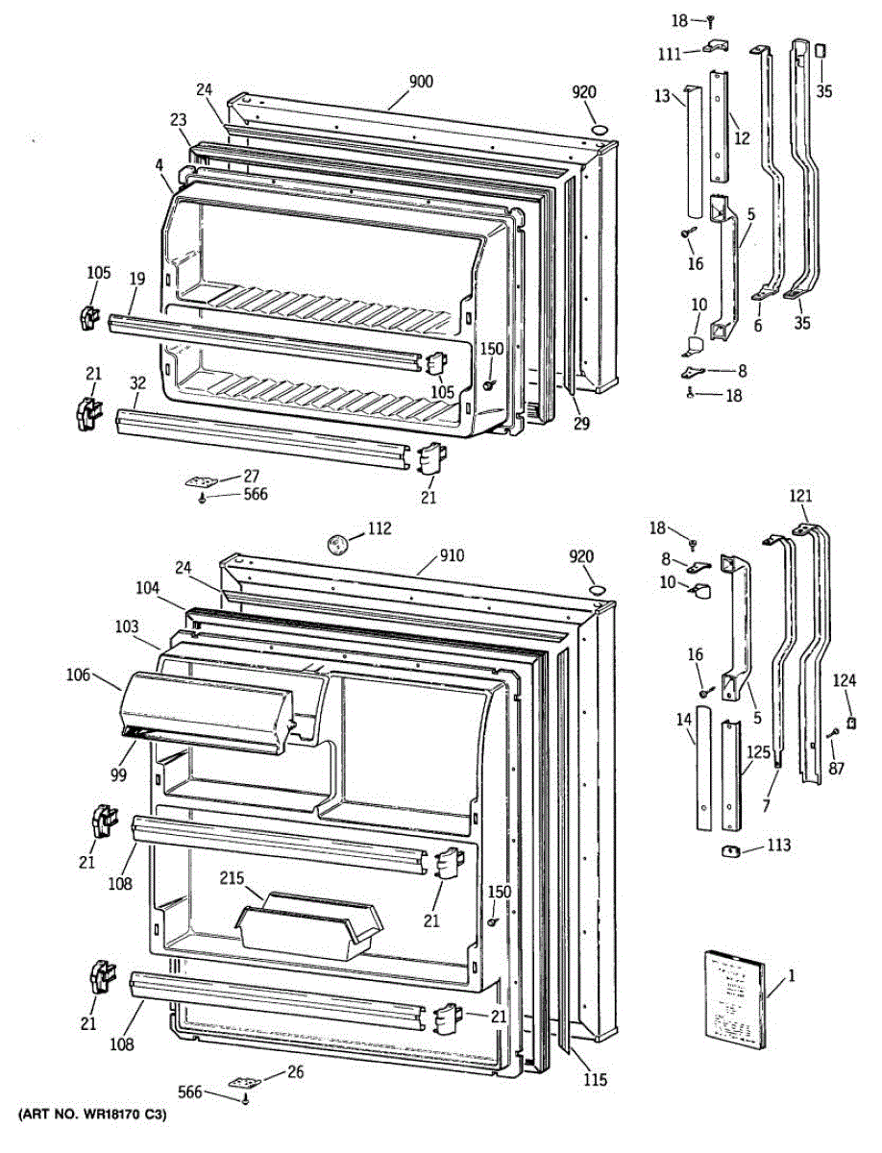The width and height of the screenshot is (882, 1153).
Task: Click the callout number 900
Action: pyautogui.click(x=420, y=83)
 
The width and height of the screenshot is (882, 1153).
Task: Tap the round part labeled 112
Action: pyautogui.click(x=337, y=543)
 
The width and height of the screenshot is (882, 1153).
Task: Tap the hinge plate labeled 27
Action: pyautogui.click(x=201, y=481)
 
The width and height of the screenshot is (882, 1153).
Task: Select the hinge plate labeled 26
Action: pyautogui.click(x=243, y=1082)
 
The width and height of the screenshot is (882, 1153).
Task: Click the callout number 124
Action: pyautogui.click(x=844, y=681)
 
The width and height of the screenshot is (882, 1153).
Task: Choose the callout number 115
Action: pyautogui.click(x=595, y=1080)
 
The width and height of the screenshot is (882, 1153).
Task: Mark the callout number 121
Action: pyautogui.click(x=800, y=496)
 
